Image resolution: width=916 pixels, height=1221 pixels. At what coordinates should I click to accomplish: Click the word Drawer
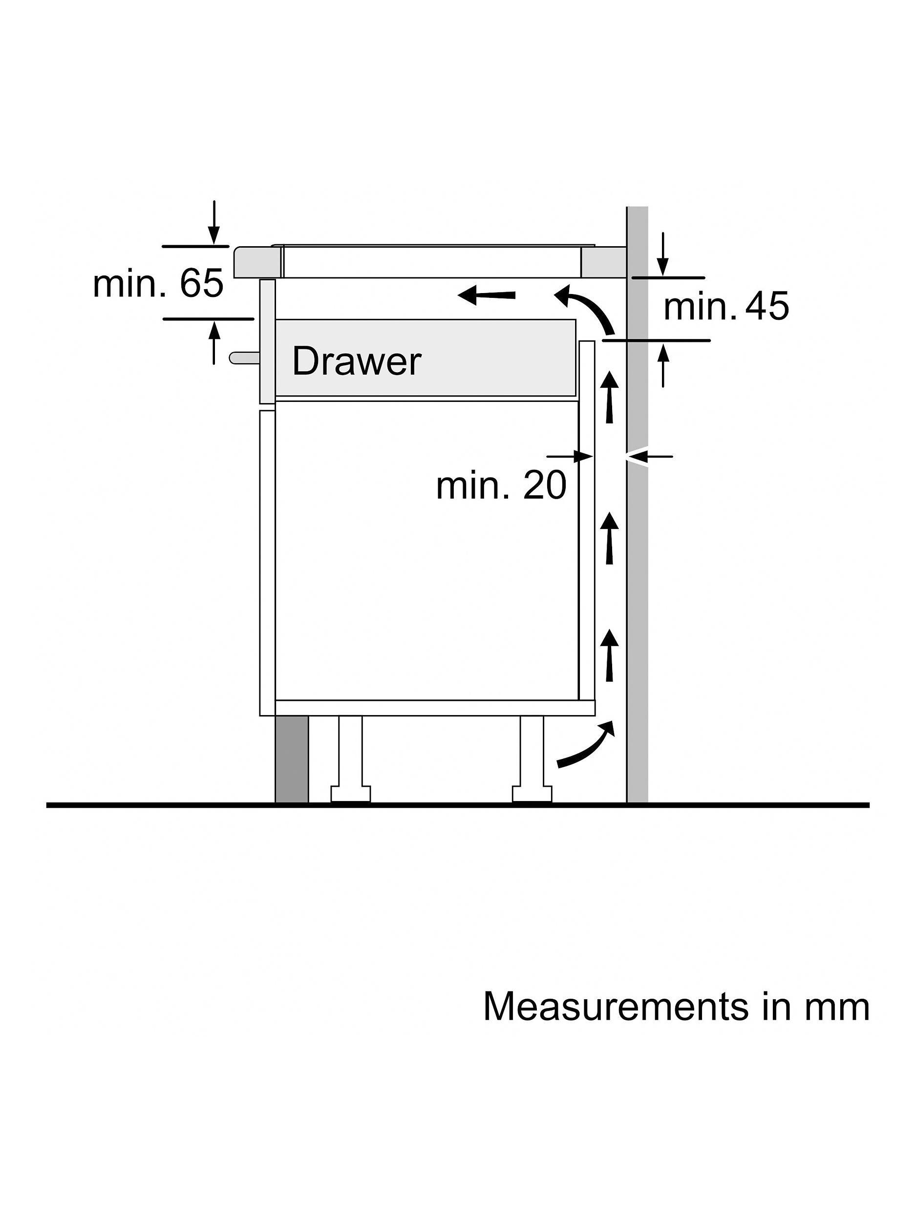(x=356, y=361)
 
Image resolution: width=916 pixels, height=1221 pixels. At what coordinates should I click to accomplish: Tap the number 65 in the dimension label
(x=202, y=284)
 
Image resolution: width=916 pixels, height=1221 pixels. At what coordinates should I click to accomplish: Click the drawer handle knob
(x=243, y=358)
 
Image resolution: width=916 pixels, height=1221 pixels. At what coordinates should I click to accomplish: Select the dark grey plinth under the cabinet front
(x=292, y=759)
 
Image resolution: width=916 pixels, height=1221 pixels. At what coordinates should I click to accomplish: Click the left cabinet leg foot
(x=351, y=793)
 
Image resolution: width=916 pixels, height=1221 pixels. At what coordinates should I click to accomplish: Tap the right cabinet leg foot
(x=532, y=793)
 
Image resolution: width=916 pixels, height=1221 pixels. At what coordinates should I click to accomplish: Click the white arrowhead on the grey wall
(x=635, y=457)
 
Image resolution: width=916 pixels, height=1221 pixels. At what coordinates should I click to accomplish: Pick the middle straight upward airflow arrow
(x=610, y=538)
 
